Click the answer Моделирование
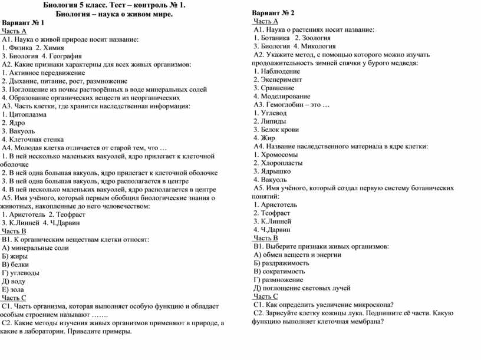pyautogui.click(x=285, y=96)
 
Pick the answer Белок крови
pyautogui.click(x=279, y=129)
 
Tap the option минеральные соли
pyautogui.click(x=39, y=248)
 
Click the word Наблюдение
pyautogui.click(x=280, y=71)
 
